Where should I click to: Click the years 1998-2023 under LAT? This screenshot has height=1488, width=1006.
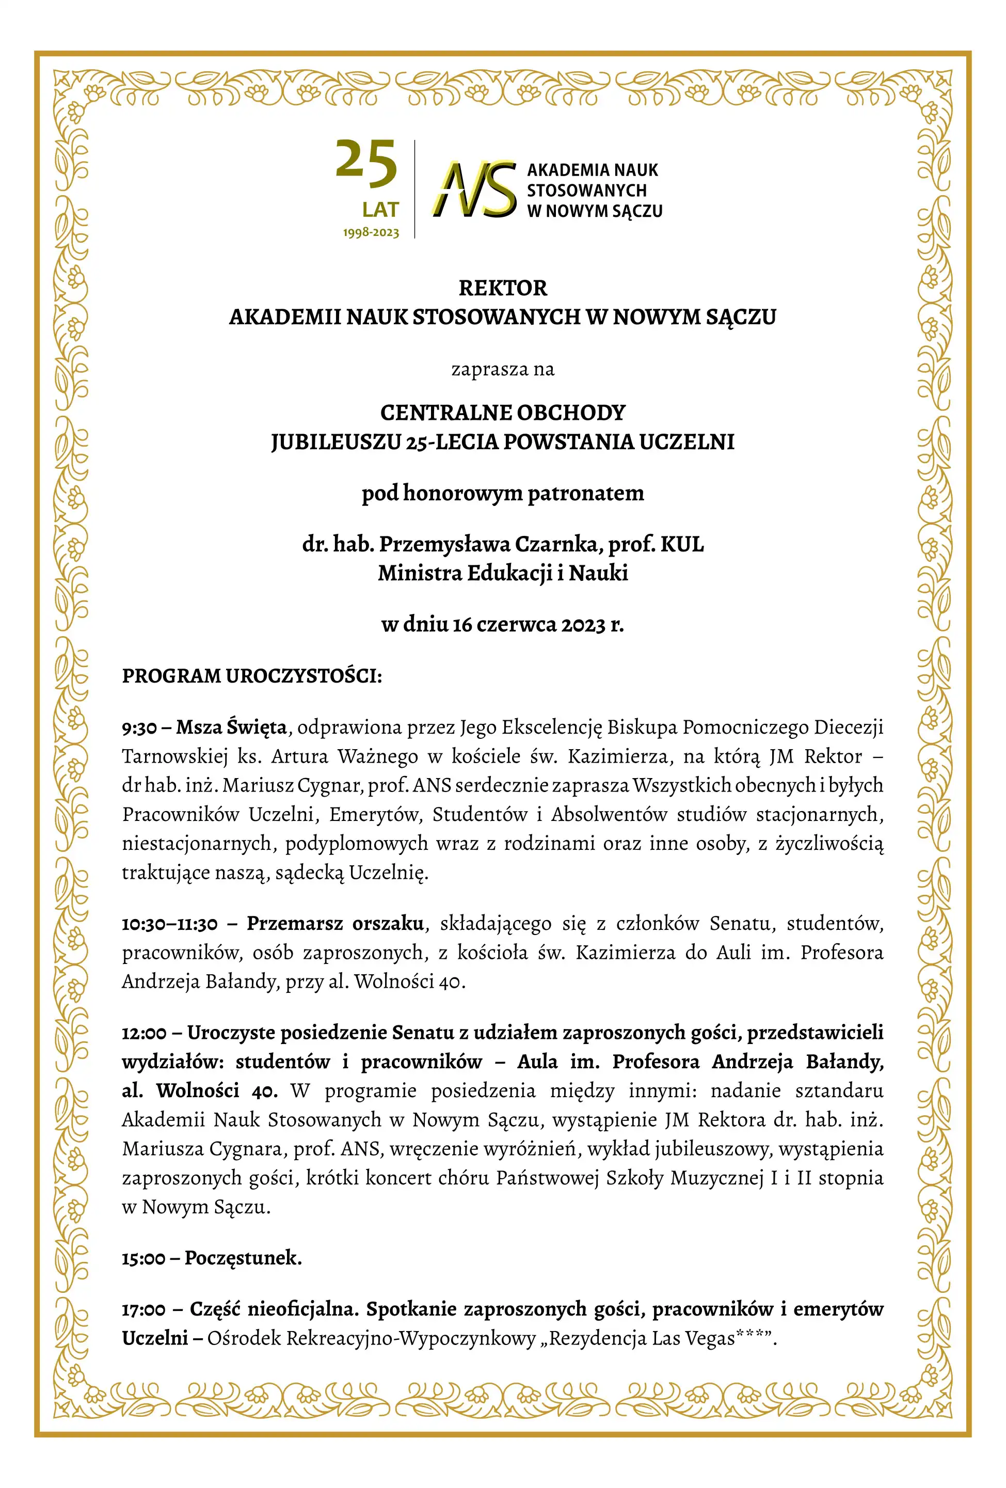[x=371, y=232]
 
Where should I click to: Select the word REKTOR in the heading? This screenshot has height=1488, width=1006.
[x=503, y=289]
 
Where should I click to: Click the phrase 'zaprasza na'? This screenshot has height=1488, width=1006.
[x=503, y=370]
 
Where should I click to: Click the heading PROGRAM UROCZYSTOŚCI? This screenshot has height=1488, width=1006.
[x=252, y=676]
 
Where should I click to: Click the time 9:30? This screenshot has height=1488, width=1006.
[x=139, y=728]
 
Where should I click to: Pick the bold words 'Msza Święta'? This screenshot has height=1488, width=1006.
[x=232, y=727]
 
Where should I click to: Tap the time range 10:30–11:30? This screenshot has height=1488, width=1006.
[x=170, y=924]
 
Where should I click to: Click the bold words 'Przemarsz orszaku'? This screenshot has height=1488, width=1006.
[x=336, y=923]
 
